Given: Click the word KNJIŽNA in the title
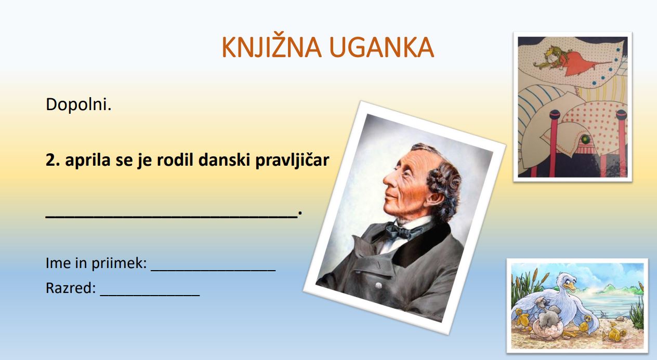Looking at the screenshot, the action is pos(272,47).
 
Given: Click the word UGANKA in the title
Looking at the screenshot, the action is pos(382,47).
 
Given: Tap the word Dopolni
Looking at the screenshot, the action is pos(78,104).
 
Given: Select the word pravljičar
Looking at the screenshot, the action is pos(292,161).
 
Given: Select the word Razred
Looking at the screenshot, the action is pos(70,288).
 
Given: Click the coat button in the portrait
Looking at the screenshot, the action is pos(378,285).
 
